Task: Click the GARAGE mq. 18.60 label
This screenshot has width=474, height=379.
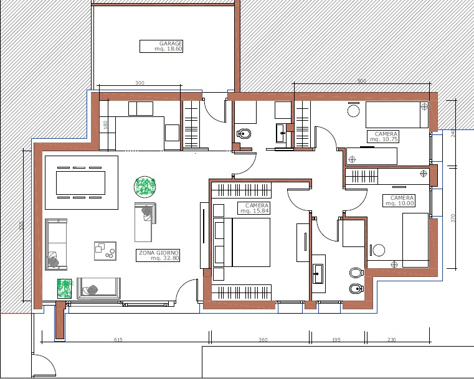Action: point(161,46)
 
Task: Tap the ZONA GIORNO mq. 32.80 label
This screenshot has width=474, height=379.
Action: point(158,256)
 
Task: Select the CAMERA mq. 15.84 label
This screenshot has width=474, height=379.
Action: point(254,208)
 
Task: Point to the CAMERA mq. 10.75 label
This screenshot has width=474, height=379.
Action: point(383,136)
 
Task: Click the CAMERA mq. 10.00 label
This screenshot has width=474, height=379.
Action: point(399,200)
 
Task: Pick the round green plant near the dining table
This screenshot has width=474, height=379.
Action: point(145,186)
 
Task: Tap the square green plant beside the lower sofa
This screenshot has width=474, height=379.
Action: point(65,288)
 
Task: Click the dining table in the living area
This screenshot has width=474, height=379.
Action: point(81,183)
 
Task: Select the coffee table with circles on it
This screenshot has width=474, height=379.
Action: point(105,251)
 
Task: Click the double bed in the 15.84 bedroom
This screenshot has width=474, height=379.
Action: point(242,242)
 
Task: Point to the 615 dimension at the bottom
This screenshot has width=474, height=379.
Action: point(118,340)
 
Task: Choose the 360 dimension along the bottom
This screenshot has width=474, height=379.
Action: point(263,340)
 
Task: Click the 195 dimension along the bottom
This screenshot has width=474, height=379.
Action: point(336,340)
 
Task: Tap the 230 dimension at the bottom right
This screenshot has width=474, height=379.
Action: point(392,340)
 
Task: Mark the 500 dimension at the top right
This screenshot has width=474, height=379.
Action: point(362,81)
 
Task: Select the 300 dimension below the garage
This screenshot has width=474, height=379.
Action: point(140,83)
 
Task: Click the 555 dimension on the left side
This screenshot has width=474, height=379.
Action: point(21,225)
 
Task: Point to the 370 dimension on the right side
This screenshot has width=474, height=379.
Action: point(453,218)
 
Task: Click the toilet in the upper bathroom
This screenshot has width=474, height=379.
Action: point(244,133)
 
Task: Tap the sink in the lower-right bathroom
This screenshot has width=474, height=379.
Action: point(318,274)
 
